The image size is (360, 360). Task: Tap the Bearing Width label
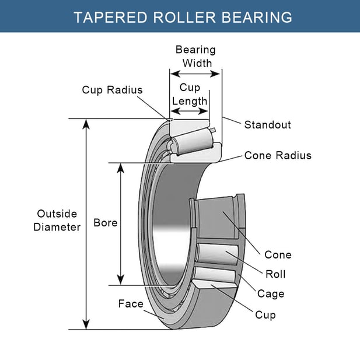[196, 57]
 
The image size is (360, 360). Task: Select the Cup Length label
[190, 94]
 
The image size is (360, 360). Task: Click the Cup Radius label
[112, 90]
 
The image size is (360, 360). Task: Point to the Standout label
[267, 125]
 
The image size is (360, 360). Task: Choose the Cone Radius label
[278, 155]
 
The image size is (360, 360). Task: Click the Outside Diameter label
[57, 221]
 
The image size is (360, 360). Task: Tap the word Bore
[106, 223]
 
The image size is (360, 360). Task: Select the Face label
[131, 303]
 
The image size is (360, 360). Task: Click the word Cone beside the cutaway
[278, 254]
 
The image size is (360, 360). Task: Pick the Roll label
[275, 274]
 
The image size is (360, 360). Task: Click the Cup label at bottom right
[265, 314]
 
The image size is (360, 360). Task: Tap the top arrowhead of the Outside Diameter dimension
[87, 124]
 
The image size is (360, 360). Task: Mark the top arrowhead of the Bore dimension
[121, 167]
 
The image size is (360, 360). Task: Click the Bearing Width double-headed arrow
[195, 74]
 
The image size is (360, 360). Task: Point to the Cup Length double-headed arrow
[190, 110]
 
